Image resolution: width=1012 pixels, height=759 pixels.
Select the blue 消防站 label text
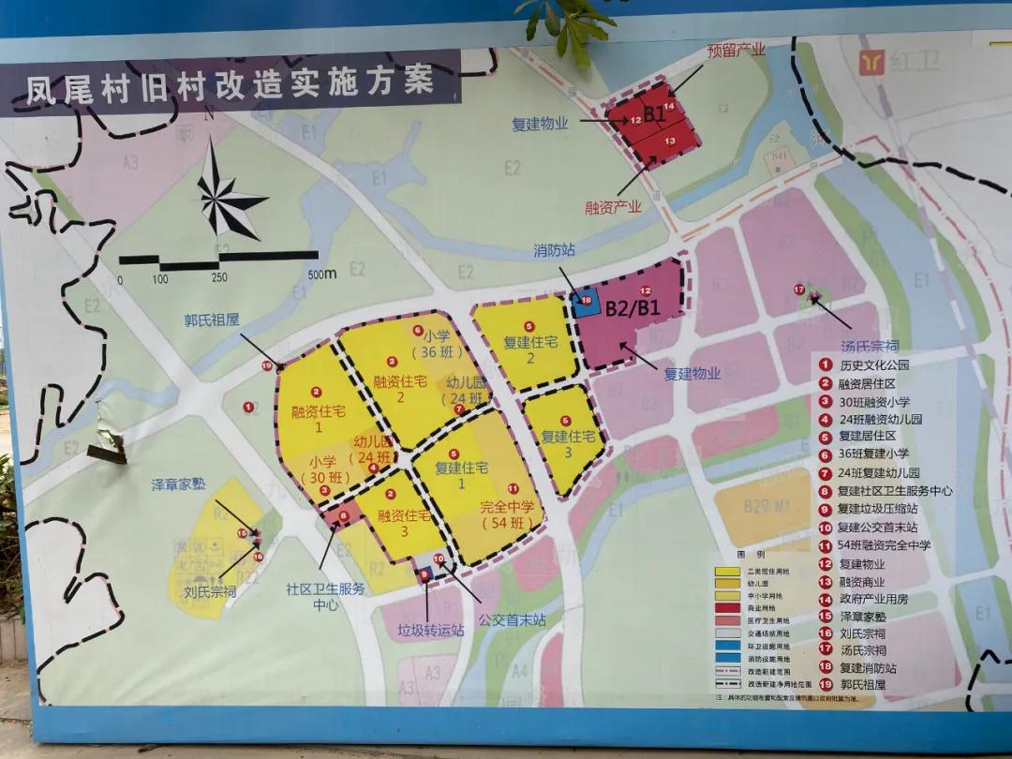(x=554, y=252)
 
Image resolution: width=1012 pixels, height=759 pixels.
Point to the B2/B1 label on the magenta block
(x=633, y=308)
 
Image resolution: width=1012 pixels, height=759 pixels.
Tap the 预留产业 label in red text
(x=736, y=51)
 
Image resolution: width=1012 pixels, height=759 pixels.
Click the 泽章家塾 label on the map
(x=178, y=484)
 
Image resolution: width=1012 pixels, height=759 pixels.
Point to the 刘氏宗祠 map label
(x=209, y=591)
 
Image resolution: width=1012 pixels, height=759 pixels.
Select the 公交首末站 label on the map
(x=511, y=619)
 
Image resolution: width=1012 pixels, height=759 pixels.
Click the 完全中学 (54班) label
(x=506, y=514)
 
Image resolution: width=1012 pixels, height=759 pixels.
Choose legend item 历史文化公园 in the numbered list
(x=872, y=365)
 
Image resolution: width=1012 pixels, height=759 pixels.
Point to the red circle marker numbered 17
(x=798, y=290)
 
